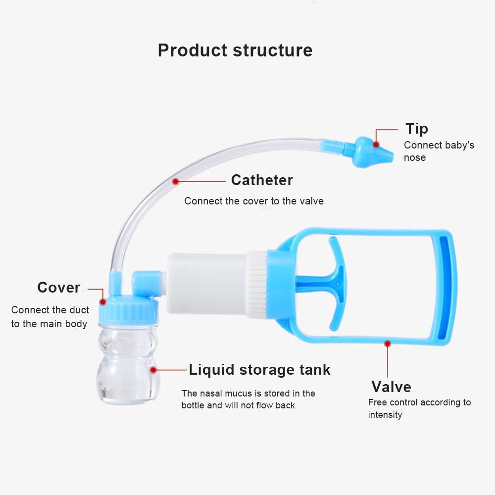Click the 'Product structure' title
(235, 50)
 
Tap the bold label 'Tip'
(417, 129)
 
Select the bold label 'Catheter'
(262, 180)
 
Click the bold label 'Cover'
(58, 288)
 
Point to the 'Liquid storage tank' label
(259, 370)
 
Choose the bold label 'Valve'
(391, 387)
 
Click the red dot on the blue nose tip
(376, 145)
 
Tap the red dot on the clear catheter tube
(175, 182)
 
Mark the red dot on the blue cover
(103, 301)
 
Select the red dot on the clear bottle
(153, 369)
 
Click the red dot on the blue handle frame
(388, 343)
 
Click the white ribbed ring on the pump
(257, 284)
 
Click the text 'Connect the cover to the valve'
(254, 201)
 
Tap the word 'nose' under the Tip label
(415, 157)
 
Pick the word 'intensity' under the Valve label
(385, 415)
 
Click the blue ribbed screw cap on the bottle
(129, 311)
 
